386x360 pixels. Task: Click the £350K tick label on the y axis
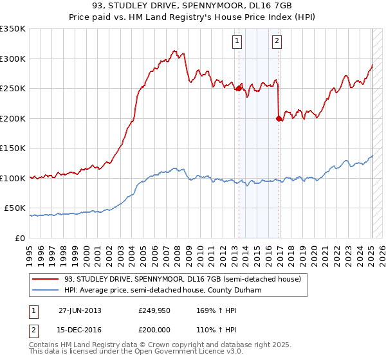click(12, 29)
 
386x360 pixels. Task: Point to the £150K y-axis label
click(12, 148)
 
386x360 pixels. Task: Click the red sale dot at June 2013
click(239, 89)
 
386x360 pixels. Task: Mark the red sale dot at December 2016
click(278, 118)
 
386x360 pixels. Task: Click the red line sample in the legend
click(46, 279)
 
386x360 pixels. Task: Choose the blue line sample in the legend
click(46, 290)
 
